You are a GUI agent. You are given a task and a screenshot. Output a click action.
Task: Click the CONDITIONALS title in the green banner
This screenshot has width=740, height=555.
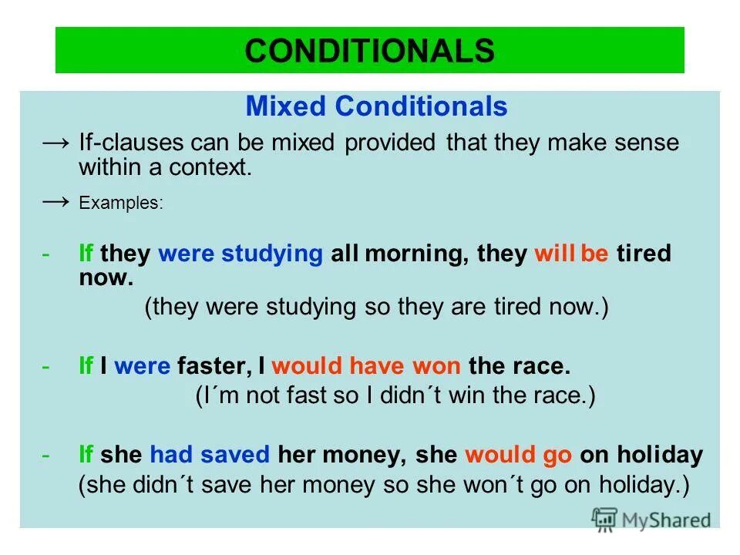(369, 50)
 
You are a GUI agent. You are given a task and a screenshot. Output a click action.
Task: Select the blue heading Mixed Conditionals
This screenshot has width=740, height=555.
(376, 106)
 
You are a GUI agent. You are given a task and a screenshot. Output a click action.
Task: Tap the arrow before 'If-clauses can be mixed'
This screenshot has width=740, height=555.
(57, 143)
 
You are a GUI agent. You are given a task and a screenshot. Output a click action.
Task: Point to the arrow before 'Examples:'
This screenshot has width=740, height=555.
(57, 203)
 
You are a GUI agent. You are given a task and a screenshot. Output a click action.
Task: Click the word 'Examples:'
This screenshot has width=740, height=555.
(121, 204)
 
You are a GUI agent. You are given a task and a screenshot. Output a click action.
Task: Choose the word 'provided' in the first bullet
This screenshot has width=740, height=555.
(391, 144)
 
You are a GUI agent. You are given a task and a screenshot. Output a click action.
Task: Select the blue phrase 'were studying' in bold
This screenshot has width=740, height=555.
(240, 254)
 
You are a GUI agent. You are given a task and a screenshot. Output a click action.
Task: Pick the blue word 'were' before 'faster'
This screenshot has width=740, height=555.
(142, 365)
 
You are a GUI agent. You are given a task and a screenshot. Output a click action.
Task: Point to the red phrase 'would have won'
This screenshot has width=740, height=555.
(366, 365)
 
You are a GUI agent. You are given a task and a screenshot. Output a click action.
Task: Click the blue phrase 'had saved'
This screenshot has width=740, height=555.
(210, 455)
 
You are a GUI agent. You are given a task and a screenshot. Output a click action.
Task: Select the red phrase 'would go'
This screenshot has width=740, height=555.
(518, 455)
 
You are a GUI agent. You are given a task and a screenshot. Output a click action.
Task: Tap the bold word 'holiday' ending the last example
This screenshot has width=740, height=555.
(661, 455)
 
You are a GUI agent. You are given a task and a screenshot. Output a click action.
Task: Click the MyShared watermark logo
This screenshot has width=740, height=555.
(651, 519)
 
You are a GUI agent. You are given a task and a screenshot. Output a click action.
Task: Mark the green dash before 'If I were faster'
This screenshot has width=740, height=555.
(47, 365)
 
